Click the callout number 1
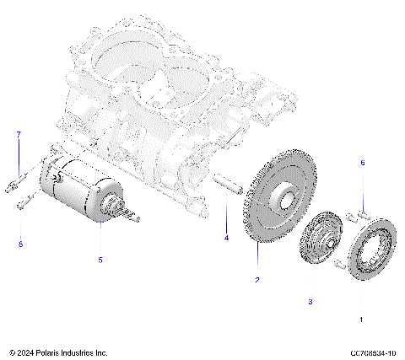[x=362, y=320]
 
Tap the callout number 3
[x=310, y=301]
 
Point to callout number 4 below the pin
[x=226, y=239]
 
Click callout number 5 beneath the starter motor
[x=100, y=261]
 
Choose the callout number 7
[x=18, y=135]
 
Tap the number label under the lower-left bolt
[x=21, y=244]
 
